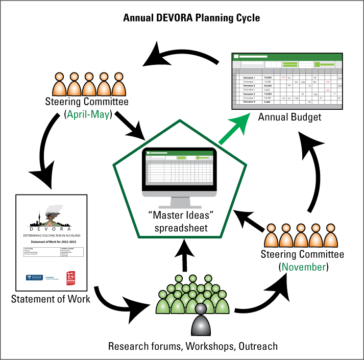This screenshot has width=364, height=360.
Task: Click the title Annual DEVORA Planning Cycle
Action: click(191, 18)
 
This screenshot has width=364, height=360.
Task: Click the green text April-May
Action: click(89, 114)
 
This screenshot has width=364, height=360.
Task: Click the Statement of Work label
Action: click(51, 299)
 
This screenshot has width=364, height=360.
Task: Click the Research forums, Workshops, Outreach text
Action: click(192, 346)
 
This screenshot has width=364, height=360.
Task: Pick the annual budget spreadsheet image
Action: click(287, 80)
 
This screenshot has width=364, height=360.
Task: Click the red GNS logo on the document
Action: click(72, 277)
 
